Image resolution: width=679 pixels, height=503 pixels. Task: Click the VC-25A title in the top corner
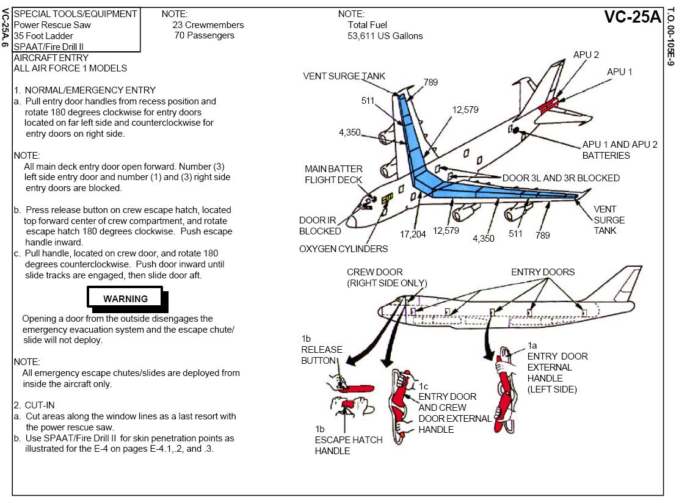coord(632,17)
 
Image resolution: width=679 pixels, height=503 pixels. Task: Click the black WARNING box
coord(126,299)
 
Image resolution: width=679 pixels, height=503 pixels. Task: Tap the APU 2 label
coord(586,55)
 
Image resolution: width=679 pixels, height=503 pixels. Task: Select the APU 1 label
coord(619,72)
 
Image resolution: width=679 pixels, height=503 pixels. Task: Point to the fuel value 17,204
coord(413,234)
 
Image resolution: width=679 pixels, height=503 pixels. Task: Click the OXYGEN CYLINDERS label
coord(343,249)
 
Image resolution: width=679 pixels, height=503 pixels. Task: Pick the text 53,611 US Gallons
coord(385,36)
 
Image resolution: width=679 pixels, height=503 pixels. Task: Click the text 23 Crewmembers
coord(208,25)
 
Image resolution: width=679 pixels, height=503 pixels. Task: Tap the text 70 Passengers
coord(204,36)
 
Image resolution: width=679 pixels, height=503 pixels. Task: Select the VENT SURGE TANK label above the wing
coord(344,76)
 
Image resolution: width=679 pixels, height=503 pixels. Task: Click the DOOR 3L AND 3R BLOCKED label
coord(561,178)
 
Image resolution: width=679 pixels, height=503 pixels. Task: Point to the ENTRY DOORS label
coord(543,272)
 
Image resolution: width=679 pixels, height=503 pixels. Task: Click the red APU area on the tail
coord(548,105)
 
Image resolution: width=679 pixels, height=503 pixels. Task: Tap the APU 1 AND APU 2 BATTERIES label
coord(619,150)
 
